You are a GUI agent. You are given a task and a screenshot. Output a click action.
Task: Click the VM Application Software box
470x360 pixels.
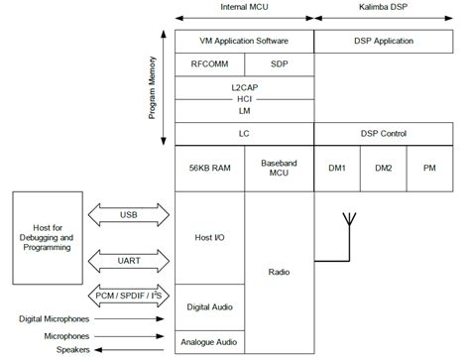click(x=244, y=42)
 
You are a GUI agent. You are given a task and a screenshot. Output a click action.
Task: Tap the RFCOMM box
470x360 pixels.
click(x=208, y=63)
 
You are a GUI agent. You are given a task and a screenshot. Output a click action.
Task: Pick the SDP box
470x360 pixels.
click(x=279, y=63)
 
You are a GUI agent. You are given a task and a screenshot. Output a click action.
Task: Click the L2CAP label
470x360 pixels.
click(x=244, y=85)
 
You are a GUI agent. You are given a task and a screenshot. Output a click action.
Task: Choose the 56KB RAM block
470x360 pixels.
click(x=208, y=170)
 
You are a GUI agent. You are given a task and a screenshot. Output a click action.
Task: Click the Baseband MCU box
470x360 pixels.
click(x=279, y=170)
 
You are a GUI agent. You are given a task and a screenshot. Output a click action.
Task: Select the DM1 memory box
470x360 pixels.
click(x=336, y=170)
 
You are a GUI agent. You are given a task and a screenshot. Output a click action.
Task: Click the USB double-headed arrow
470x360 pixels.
click(x=129, y=214)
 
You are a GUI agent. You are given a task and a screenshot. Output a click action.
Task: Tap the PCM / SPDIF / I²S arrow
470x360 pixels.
click(x=129, y=298)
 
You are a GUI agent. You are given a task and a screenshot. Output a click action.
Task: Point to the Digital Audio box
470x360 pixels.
click(x=208, y=307)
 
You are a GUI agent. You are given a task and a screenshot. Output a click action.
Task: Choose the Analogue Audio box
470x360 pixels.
click(x=208, y=342)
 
